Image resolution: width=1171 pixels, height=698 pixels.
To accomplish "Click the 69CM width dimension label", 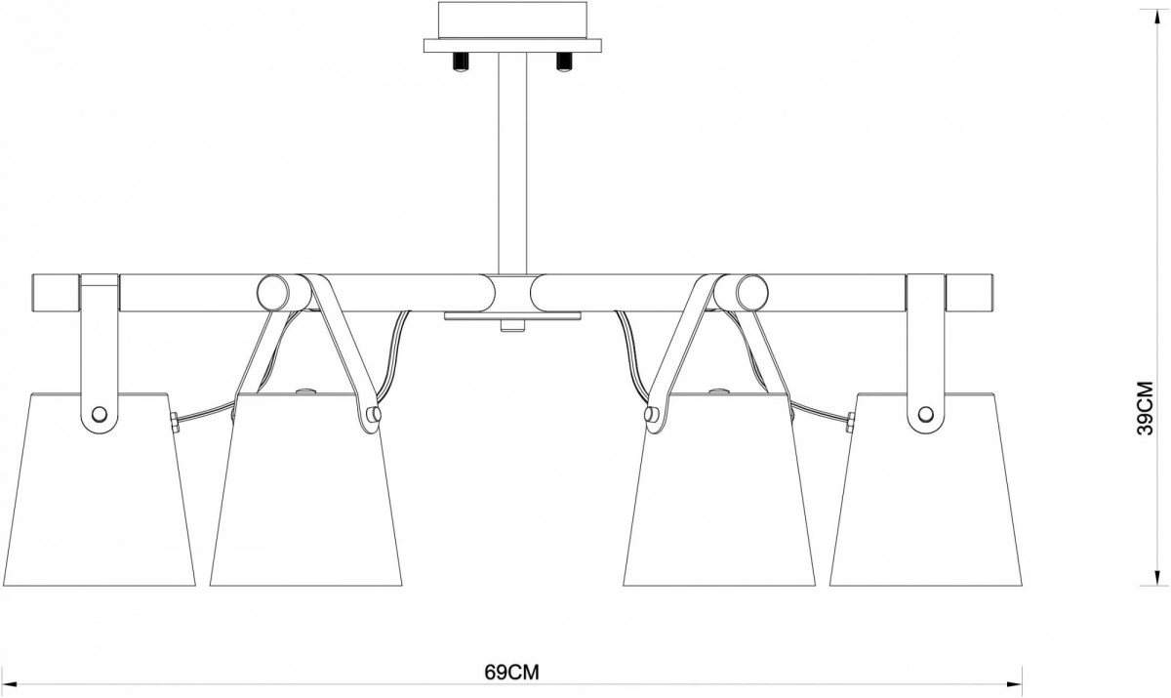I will (x=511, y=673).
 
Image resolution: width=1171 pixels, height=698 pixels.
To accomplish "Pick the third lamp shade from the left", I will (x=719, y=493).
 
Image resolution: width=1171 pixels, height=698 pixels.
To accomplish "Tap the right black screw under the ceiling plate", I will (x=562, y=62).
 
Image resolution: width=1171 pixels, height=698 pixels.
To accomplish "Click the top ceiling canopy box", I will (x=511, y=20).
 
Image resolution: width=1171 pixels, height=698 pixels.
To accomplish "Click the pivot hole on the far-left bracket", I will (x=98, y=414).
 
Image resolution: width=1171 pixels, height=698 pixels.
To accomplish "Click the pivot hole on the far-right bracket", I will (x=925, y=414).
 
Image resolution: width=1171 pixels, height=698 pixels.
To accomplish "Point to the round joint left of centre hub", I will (x=274, y=292).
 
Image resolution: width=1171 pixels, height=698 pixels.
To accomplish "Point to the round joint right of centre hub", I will (x=750, y=292).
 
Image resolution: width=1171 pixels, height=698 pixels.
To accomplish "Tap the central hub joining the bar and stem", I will (x=511, y=291).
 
